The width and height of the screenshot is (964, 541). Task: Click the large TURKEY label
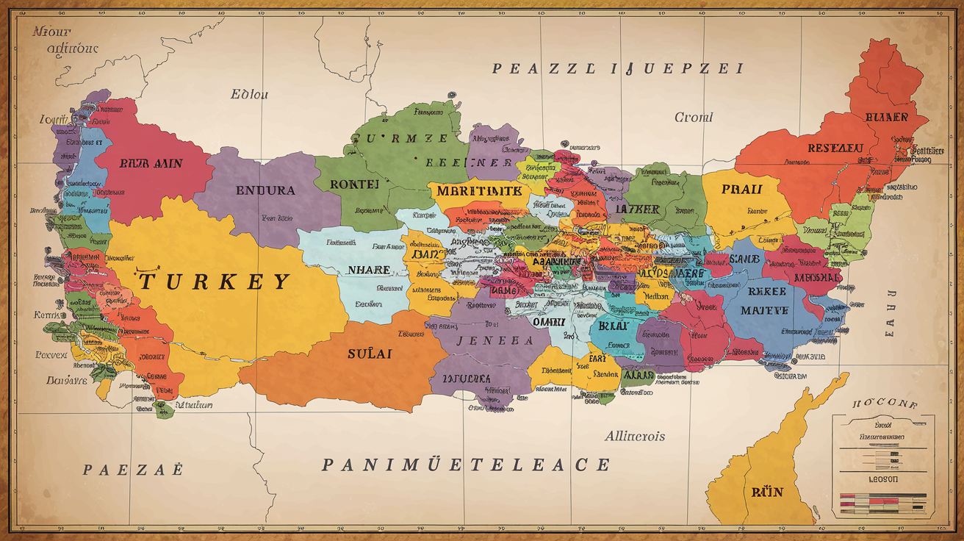(x=214, y=281)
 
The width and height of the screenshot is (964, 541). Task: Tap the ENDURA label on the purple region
(x=265, y=190)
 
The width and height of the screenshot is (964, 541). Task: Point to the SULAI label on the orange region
(x=370, y=354)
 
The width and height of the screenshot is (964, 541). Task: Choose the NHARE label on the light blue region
(x=368, y=270)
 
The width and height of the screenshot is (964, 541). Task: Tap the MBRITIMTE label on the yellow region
(x=478, y=190)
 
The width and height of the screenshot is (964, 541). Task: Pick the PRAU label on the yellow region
(x=741, y=189)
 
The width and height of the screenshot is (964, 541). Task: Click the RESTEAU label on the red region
(x=835, y=148)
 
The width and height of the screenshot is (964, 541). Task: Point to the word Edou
(x=250, y=94)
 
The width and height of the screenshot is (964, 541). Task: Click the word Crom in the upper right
(x=693, y=117)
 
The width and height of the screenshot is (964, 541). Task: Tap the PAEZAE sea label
(x=133, y=470)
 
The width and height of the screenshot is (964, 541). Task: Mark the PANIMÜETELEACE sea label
(x=466, y=465)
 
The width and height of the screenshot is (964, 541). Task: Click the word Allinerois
(x=635, y=436)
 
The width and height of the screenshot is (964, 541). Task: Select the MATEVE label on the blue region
(x=763, y=310)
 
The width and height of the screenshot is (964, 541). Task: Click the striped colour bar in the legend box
(x=882, y=504)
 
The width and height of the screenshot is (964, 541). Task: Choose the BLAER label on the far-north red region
(x=886, y=118)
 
